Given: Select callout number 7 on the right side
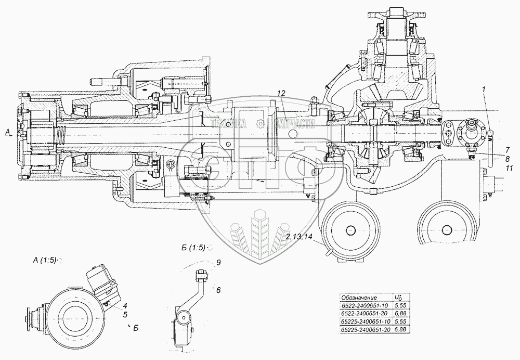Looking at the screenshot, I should coord(506,149).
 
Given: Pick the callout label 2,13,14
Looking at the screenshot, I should coord(300,238).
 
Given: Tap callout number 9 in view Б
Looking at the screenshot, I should coord(218,263).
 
